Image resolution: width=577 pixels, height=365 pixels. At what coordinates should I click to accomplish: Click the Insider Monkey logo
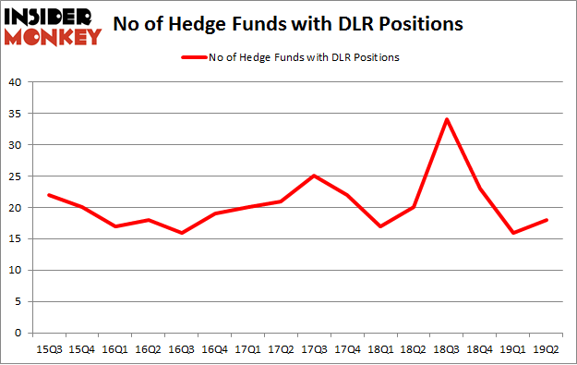[53, 25]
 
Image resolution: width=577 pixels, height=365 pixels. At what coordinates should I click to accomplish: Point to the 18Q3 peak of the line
[447, 119]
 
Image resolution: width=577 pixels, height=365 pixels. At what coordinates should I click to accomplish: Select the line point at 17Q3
[314, 176]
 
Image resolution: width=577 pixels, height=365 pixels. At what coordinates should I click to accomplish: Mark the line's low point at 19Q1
[513, 232]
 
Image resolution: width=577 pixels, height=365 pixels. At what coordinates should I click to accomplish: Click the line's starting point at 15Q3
[48, 194]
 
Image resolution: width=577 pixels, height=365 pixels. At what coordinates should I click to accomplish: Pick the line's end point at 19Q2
[547, 220]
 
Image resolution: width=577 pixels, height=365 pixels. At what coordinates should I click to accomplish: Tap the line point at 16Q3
[181, 232]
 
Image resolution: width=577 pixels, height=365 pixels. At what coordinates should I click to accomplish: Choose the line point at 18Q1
[380, 225]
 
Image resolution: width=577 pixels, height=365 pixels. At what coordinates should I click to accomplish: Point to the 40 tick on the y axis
[15, 82]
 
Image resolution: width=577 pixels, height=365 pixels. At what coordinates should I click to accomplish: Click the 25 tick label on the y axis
[15, 176]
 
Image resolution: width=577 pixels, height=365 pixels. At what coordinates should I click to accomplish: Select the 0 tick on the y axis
[18, 333]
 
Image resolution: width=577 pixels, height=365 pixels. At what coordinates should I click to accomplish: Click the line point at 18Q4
[480, 189]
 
